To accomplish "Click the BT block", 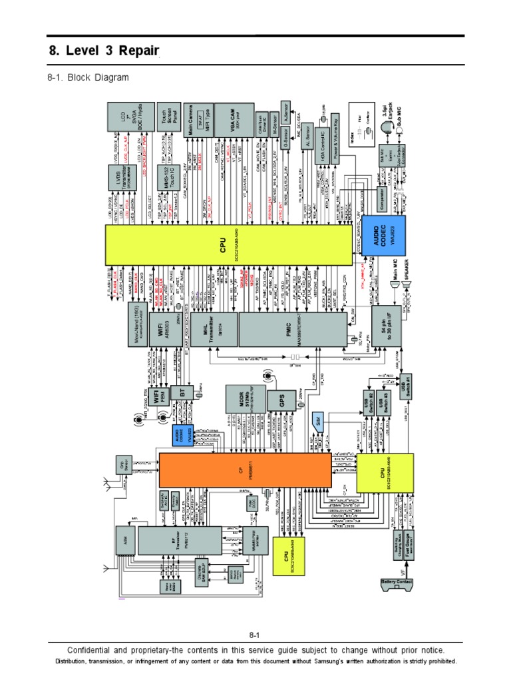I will coord(181,393).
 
